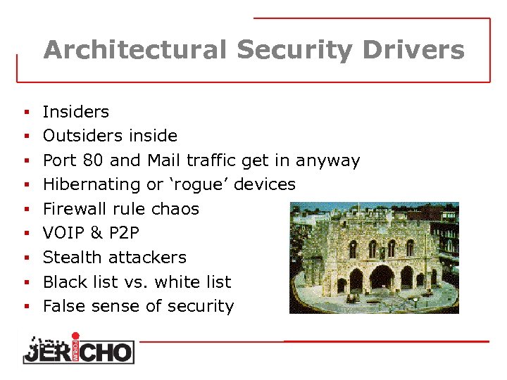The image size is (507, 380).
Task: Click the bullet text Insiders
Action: pos(76,111)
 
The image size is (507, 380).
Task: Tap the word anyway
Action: pos(327,160)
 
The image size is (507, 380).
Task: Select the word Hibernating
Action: pos(92,184)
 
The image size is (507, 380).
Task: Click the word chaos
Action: pos(175,209)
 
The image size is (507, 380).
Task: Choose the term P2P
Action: pos(123,233)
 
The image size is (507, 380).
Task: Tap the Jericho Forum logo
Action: pos(77,348)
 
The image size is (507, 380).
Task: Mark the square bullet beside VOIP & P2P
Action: pos(25,234)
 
